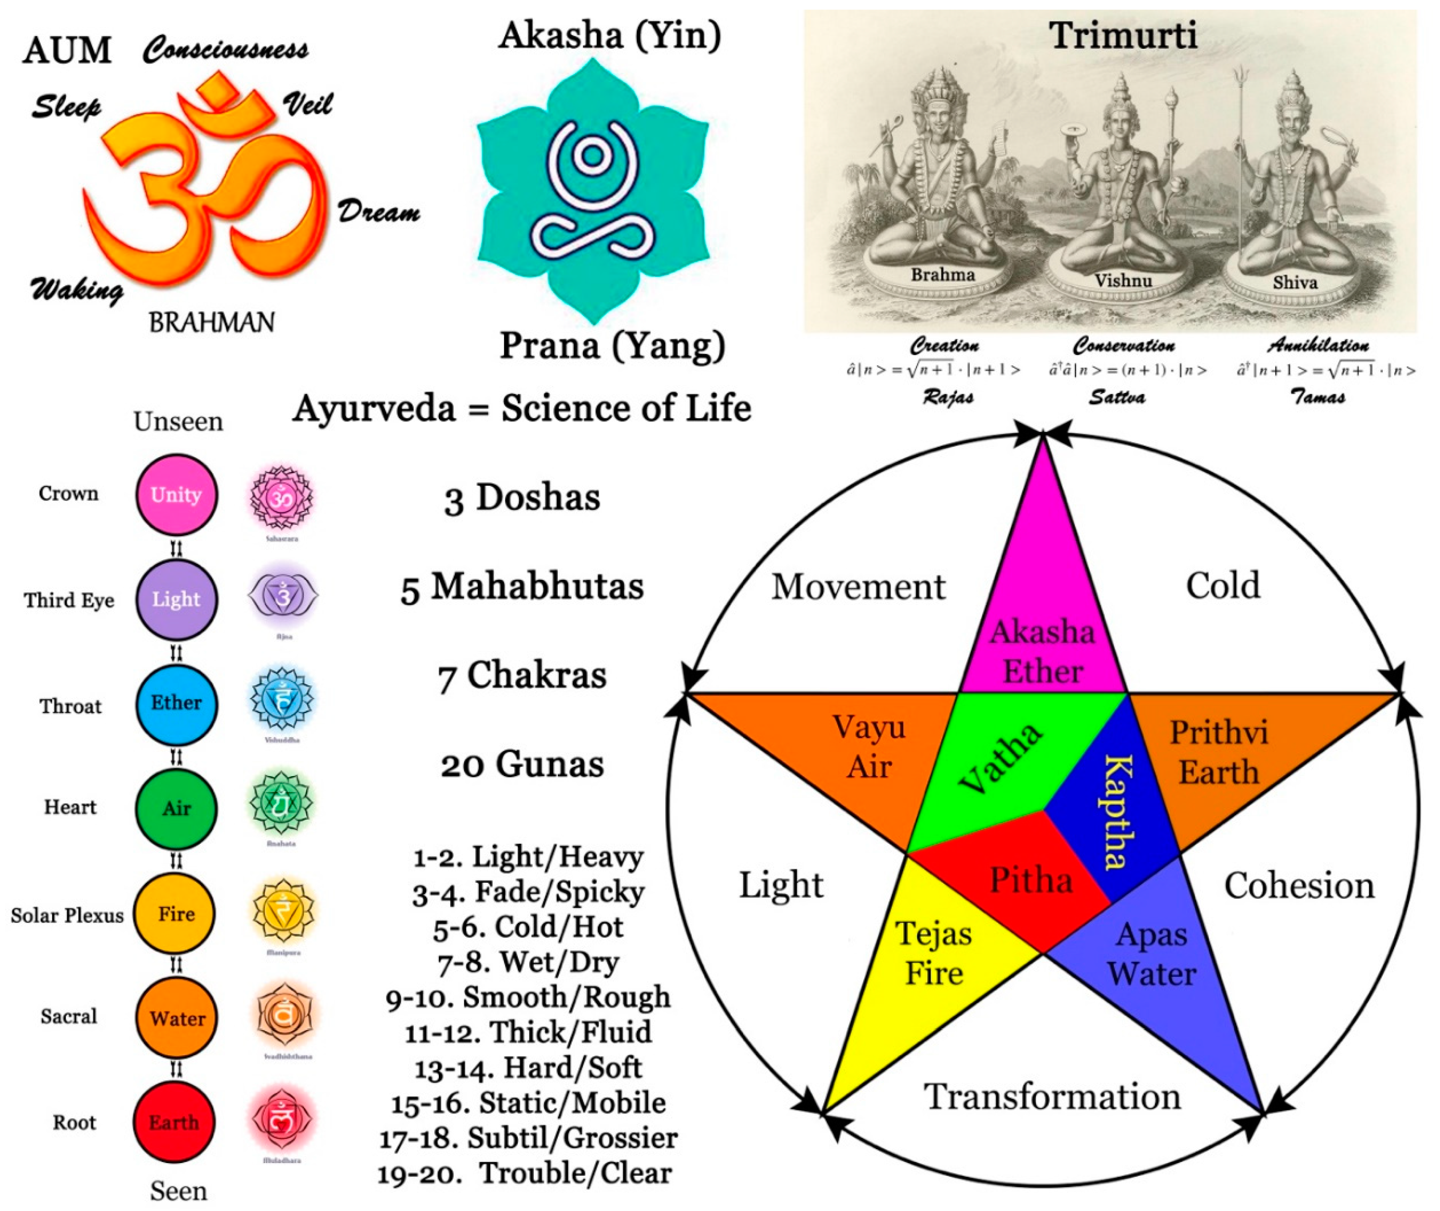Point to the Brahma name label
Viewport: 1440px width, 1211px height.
click(x=943, y=275)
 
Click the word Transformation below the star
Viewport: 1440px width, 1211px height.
click(x=1052, y=1096)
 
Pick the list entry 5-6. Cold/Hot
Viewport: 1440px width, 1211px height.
click(x=528, y=927)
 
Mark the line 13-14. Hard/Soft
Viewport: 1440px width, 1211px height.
click(x=528, y=1068)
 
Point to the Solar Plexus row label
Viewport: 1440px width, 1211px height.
click(x=67, y=915)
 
